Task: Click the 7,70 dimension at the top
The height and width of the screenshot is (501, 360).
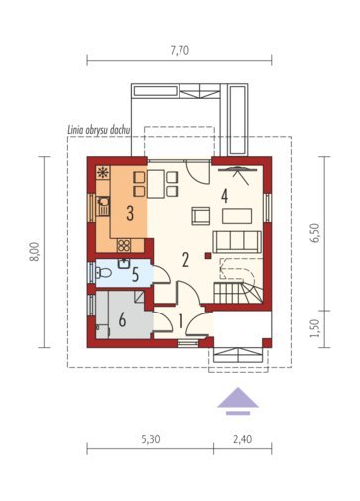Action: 180,50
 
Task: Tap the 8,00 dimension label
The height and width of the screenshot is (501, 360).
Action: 35,252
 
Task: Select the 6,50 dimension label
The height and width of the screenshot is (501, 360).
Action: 315,233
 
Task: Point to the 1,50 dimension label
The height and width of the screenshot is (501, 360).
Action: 315,328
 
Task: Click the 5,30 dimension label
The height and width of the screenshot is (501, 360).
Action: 151,439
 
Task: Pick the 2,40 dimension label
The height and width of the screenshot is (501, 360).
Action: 243,439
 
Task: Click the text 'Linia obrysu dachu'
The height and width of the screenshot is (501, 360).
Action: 99,130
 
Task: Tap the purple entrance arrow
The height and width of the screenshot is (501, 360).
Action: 238,401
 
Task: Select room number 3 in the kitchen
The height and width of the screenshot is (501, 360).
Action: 130,213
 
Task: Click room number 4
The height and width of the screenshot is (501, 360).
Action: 225,196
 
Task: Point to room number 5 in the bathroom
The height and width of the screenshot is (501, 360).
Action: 135,275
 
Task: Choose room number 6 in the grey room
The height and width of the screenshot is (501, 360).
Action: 122,320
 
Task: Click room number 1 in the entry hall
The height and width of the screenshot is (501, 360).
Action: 180,321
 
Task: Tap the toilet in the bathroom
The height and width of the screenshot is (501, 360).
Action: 104,273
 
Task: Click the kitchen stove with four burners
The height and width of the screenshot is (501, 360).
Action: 124,246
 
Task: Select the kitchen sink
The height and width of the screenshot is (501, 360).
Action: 103,206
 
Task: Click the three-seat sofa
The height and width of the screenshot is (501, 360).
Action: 237,242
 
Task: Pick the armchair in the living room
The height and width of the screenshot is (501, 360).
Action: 201,216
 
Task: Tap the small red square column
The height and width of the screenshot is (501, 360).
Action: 208,255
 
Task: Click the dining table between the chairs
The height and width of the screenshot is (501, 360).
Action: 156,184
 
